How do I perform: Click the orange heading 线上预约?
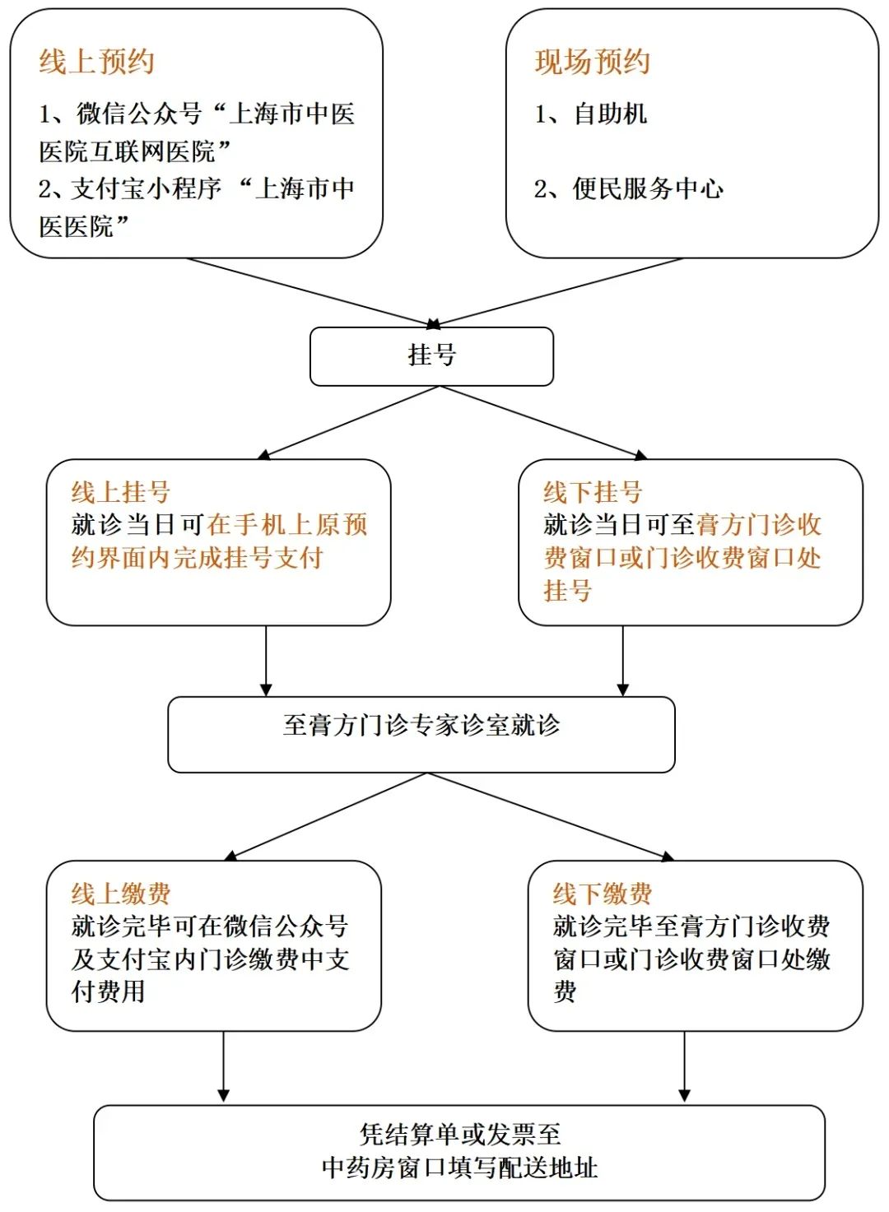[96, 62]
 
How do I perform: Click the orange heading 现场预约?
[593, 62]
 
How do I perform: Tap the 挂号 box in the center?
[431, 356]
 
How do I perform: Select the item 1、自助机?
[591, 114]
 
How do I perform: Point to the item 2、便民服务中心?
[629, 188]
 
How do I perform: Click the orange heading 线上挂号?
[121, 492]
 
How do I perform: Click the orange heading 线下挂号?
[593, 492]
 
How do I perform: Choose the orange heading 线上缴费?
[121, 894]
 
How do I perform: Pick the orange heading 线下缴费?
[602, 894]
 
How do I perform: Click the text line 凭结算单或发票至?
[459, 1134]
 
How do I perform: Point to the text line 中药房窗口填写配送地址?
[459, 1168]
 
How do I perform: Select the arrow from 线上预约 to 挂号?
[313, 293]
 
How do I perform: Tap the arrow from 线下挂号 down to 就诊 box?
[622, 662]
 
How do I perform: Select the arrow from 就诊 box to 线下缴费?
[551, 816]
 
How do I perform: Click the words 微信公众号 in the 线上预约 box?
[139, 114]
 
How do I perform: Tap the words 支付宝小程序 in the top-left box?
[147, 188]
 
